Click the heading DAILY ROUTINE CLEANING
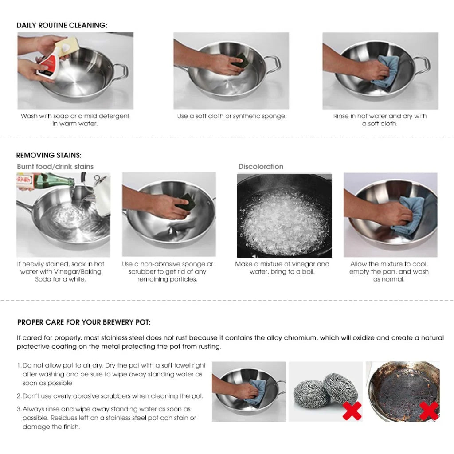click(62, 25)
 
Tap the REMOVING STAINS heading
click(49, 155)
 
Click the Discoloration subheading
click(261, 167)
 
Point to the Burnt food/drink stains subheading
click(55, 167)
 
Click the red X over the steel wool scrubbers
click(352, 411)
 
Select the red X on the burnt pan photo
click(429, 411)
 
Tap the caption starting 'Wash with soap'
click(75, 120)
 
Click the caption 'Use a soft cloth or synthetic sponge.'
click(231, 116)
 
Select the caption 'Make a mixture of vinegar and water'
click(282, 268)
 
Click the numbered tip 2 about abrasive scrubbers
click(113, 396)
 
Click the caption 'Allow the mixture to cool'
click(389, 271)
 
